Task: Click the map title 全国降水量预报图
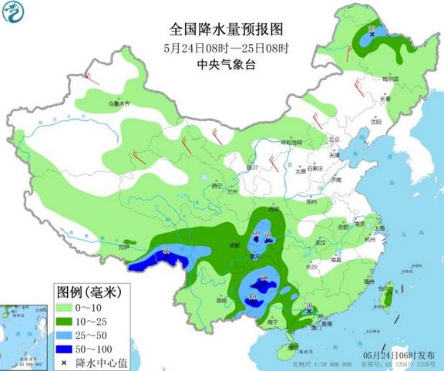[x=226, y=29]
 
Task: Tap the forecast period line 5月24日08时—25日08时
[x=226, y=46]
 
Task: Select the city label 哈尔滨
[x=391, y=79]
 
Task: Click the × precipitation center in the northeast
[x=372, y=35]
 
